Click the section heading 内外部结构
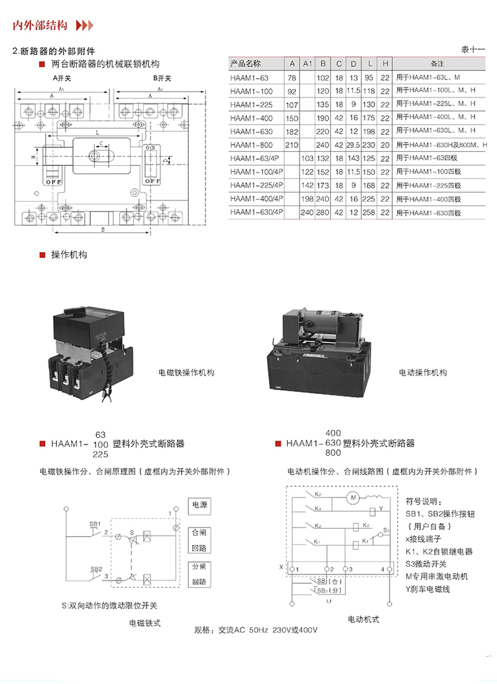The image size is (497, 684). [40, 27]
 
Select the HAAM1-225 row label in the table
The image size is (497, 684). [252, 104]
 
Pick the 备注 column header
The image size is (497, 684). [437, 64]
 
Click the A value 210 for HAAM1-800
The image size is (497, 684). [291, 145]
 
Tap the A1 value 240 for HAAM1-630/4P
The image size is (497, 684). [307, 212]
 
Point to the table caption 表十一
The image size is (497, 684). [473, 50]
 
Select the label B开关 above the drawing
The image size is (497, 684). [162, 78]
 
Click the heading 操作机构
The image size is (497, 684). [69, 255]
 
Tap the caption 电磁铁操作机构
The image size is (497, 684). [186, 373]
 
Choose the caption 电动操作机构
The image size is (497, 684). [423, 373]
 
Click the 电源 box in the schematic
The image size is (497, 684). [199, 506]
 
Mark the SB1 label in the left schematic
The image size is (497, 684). [95, 524]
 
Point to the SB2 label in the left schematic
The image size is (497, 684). [95, 569]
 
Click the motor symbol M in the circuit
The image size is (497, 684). [353, 497]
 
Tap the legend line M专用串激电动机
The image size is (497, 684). [437, 576]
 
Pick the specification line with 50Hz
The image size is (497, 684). [255, 629]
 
